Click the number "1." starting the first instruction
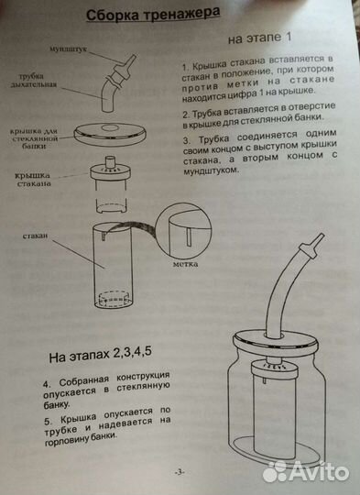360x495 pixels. (185, 66)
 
